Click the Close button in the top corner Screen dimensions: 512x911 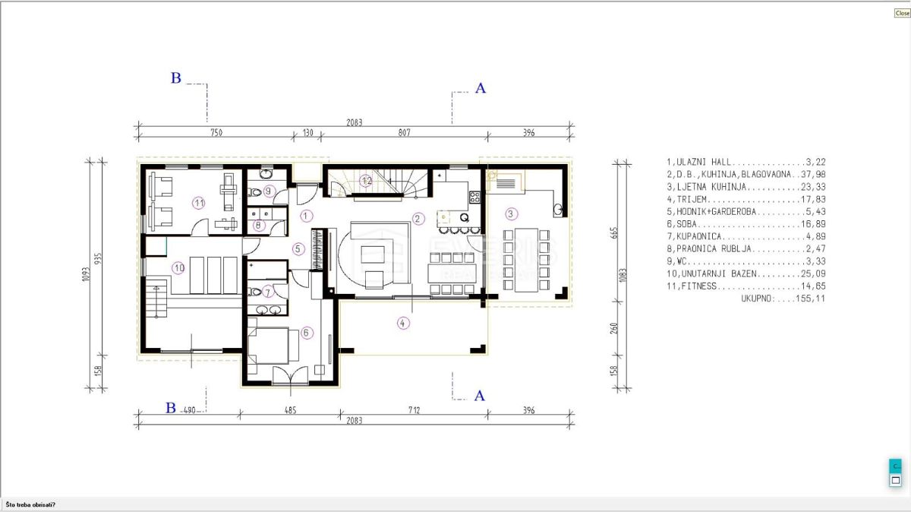(902, 13)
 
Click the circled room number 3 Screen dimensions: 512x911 (512, 213)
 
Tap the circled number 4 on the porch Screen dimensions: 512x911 (402, 323)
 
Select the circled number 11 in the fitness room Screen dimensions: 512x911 (199, 203)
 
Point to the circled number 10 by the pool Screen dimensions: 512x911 (178, 267)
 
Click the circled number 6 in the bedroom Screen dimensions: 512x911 (306, 332)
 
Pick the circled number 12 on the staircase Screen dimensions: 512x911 (367, 181)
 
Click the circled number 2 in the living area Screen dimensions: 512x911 (417, 218)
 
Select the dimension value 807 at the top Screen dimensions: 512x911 (404, 133)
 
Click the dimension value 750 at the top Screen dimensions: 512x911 (216, 133)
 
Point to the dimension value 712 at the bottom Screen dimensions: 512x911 (414, 410)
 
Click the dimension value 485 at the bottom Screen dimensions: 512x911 (290, 410)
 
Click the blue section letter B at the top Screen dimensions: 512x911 (175, 78)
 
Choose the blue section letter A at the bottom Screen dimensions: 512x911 (479, 396)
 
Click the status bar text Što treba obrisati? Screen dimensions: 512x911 (30, 504)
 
